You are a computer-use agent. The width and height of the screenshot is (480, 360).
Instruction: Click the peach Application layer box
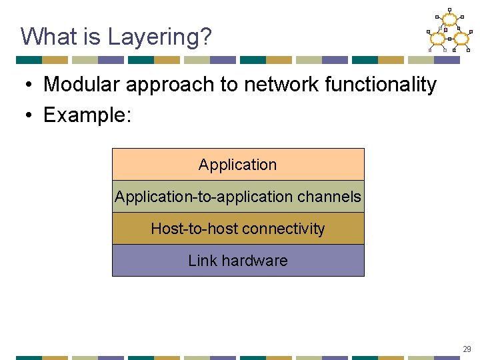click(x=238, y=165)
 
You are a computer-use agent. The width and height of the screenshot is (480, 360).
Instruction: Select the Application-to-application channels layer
click(x=238, y=197)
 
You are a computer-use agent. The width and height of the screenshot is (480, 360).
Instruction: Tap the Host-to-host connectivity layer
click(x=238, y=229)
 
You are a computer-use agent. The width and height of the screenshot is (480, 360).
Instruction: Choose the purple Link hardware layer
click(x=238, y=261)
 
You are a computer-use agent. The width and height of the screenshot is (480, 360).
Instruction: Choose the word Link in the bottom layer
click(x=201, y=261)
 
